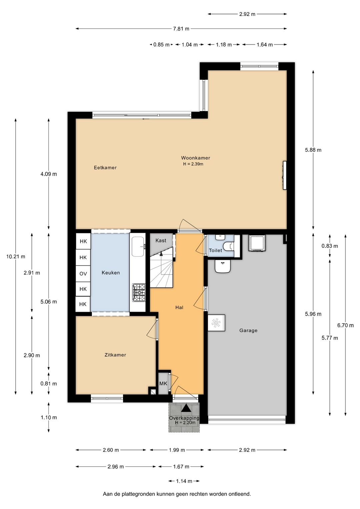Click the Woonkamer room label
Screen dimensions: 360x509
(195, 158)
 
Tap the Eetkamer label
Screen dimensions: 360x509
(105, 167)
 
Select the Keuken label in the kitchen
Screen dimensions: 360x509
(111, 273)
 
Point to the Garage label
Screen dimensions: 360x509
(248, 331)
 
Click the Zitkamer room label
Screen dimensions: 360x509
(115, 355)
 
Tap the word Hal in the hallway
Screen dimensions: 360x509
(179, 308)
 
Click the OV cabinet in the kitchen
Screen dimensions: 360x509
(83, 274)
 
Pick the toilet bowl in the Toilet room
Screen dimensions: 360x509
(228, 246)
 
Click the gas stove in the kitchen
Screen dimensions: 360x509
(139, 293)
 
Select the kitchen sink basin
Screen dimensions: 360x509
(138, 246)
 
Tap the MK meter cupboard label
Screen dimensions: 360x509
(163, 384)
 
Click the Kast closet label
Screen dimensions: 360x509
(161, 240)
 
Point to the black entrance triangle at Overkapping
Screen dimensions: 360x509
(186, 408)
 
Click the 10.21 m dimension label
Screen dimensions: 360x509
(16, 257)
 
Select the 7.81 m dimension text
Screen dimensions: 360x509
(181, 29)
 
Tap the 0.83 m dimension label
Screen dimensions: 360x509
(330, 246)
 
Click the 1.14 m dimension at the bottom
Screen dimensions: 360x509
(184, 481)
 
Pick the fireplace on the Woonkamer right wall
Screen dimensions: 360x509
(285, 175)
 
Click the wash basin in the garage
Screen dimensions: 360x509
(223, 266)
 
